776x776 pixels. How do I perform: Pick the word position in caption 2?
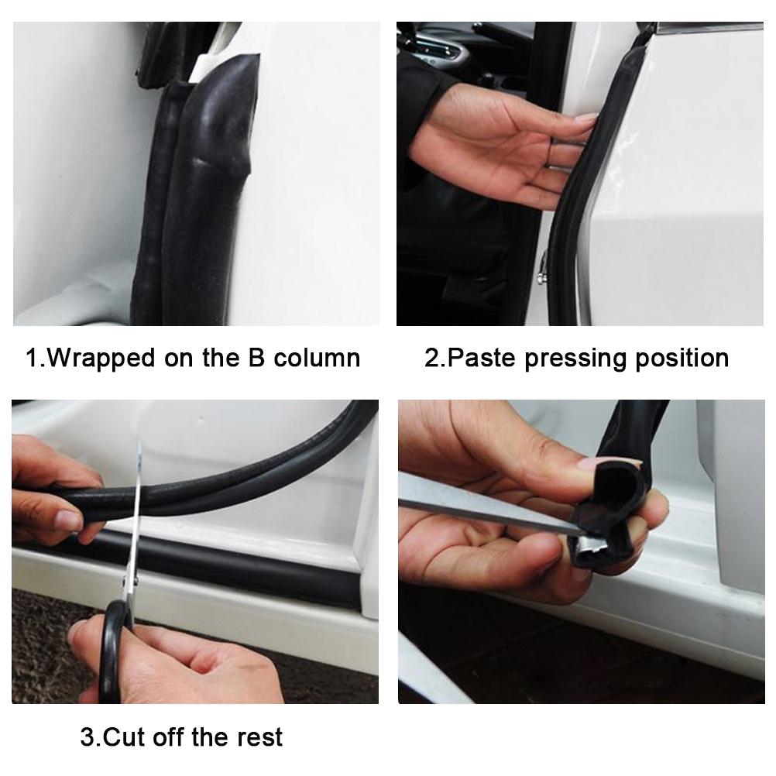pyautogui.click(x=679, y=358)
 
